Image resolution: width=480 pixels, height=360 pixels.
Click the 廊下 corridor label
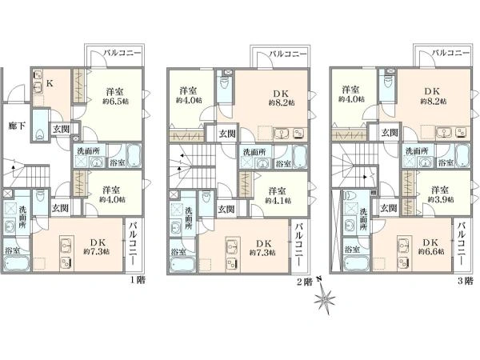coord(17,126)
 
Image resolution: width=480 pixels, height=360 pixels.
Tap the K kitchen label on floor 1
coord(50,83)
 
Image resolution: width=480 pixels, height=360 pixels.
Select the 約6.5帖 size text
coord(115,102)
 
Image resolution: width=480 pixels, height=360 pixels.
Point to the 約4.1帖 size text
coord(278,201)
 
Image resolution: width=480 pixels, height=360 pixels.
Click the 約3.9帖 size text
coord(441,199)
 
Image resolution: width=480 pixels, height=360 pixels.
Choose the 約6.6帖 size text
coord(431,251)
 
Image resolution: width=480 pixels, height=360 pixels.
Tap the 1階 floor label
coord(138,280)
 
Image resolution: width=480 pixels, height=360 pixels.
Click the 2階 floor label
coord(305,282)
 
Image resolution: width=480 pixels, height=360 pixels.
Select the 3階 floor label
coord(466,281)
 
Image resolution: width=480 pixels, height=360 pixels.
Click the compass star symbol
coord(325,298)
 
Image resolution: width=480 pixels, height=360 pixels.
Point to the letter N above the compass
coord(319,279)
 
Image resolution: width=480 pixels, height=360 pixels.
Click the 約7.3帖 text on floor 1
coord(97,252)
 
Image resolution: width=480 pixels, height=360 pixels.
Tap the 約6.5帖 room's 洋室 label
coord(115,91)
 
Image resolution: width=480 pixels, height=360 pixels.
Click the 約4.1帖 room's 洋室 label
coord(278,191)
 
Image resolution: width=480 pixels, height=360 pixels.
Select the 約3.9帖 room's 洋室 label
coord(440,190)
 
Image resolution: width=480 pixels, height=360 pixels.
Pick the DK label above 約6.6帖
coord(431,242)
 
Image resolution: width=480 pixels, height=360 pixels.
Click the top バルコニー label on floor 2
coord(288,54)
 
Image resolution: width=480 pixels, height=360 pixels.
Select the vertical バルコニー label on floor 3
coord(462,244)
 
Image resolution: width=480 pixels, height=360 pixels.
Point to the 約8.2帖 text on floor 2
coord(282,102)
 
